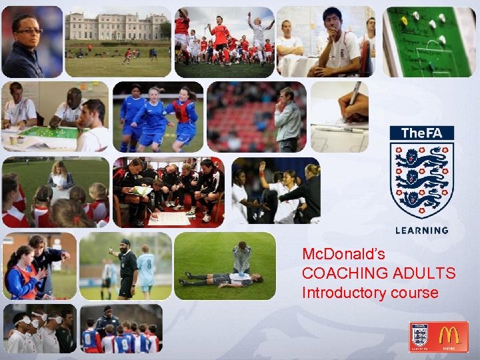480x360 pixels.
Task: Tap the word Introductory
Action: pos(343,293)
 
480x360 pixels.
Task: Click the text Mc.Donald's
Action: pos(343,254)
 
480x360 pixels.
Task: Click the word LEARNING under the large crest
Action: pos(421,230)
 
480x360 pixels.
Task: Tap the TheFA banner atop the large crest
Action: pos(421,133)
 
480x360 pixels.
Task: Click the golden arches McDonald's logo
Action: pos(452,337)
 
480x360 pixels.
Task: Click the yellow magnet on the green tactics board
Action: pos(403,21)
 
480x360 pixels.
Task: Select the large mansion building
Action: pos(113,27)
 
